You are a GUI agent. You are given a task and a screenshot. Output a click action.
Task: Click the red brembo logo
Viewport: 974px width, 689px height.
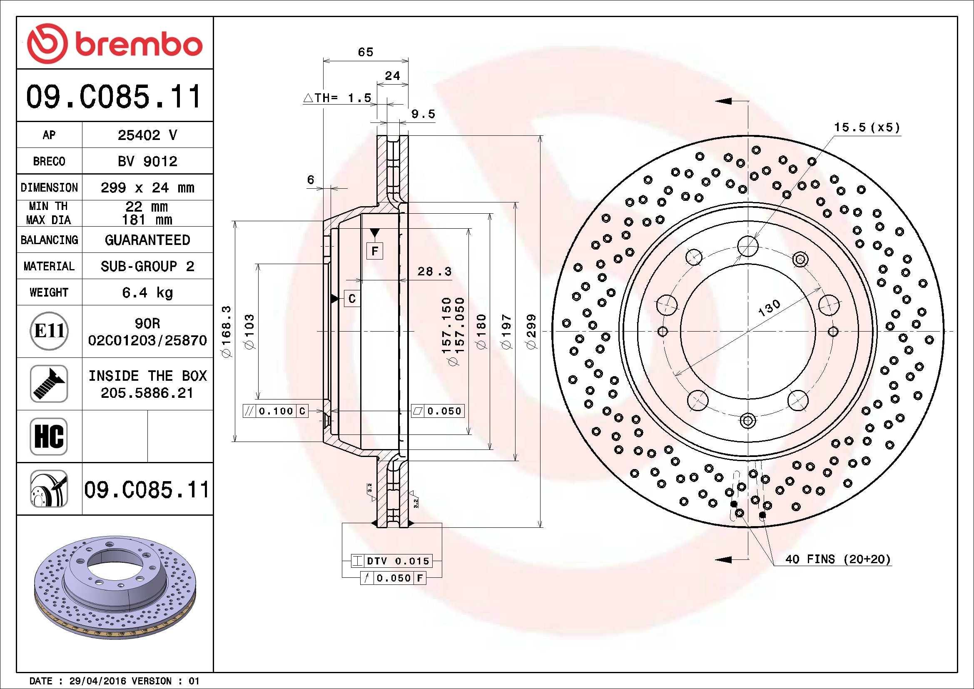click(115, 44)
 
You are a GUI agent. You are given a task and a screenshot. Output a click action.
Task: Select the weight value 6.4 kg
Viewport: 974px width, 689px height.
click(147, 292)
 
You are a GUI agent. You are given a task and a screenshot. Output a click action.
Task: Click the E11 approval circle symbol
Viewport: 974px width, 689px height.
click(49, 331)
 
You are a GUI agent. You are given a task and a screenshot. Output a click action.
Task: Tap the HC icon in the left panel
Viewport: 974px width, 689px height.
click(49, 436)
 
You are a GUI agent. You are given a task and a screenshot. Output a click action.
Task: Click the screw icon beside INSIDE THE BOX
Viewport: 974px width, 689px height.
click(49, 384)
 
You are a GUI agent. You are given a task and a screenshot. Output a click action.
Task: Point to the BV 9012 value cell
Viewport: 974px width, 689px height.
click(147, 161)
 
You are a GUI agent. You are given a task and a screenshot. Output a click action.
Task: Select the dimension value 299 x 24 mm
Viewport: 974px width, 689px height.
click(147, 187)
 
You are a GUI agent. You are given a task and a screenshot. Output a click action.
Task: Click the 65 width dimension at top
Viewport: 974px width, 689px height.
click(365, 52)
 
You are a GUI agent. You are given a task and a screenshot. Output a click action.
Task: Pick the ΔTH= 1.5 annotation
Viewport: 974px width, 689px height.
click(338, 98)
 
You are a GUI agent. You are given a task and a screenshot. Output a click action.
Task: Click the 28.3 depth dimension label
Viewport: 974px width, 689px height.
click(434, 272)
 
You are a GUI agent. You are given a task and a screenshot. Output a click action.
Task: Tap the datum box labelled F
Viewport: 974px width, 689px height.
click(375, 251)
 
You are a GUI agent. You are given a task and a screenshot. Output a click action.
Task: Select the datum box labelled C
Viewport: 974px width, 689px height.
click(352, 299)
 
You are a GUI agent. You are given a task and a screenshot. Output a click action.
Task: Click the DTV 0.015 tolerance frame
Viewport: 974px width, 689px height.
click(391, 561)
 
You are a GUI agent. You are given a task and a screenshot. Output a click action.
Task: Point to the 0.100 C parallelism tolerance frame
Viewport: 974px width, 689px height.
click(275, 411)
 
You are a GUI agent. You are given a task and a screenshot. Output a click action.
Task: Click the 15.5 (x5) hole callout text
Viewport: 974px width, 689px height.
click(867, 127)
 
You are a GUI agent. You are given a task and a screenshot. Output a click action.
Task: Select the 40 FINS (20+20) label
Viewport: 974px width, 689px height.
click(837, 559)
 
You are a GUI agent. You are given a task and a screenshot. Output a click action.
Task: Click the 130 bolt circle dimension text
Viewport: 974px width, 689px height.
click(769, 308)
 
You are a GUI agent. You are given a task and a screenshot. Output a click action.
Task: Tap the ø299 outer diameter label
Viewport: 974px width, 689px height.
click(531, 331)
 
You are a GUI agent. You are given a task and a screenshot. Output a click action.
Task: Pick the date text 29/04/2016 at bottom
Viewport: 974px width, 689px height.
click(97, 681)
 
